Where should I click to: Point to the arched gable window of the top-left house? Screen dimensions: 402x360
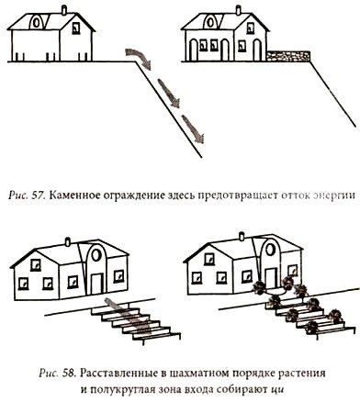click(x=40, y=21)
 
